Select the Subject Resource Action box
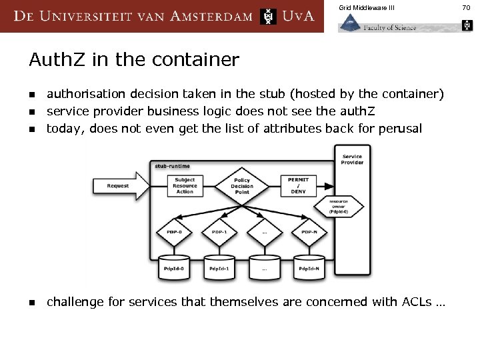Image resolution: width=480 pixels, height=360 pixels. pos(185,185)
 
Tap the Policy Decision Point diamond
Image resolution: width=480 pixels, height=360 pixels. pos(242,185)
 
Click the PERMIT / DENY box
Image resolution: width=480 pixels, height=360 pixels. pos(298,185)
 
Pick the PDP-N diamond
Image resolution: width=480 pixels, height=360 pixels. pos(309,232)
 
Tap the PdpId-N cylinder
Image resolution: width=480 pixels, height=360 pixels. pos(309,267)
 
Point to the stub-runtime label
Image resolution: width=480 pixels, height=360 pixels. pos(173,166)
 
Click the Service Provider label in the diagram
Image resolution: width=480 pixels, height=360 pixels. pos(352,159)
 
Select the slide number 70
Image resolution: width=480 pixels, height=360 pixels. pos(466,7)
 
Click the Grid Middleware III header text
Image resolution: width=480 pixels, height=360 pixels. pos(366,7)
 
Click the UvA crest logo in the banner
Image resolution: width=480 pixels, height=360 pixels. pos(268,16)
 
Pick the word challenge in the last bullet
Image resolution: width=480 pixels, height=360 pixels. pos(75,302)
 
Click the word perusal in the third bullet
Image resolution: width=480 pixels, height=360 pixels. pos(399,128)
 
